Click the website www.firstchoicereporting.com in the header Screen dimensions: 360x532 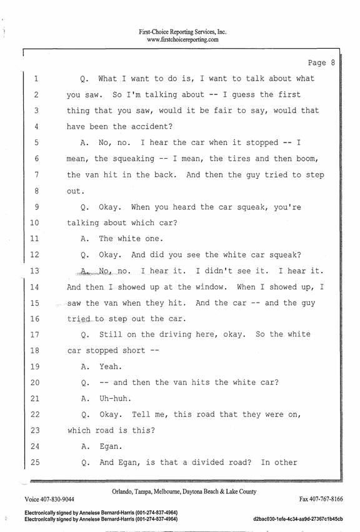(182, 39)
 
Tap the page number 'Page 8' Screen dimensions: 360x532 (321, 63)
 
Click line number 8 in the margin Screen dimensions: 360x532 (36, 191)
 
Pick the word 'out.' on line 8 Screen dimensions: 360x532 (76, 191)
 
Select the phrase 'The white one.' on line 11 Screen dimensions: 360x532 (131, 239)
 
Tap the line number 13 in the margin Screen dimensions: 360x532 (34, 271)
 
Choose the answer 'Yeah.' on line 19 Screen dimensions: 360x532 (111, 367)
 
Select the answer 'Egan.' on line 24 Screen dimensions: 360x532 (111, 446)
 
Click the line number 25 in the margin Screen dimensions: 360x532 (35, 463)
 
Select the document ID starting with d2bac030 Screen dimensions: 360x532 (298, 519)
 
